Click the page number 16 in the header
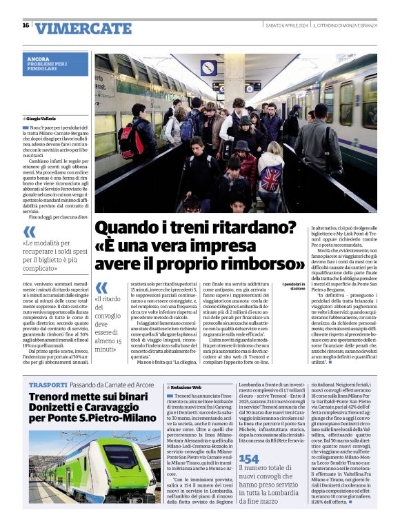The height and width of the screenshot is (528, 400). [26, 26]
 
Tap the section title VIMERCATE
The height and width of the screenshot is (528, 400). [73, 28]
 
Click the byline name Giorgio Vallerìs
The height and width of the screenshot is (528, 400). [44, 119]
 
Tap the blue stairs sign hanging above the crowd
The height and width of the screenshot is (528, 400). [209, 68]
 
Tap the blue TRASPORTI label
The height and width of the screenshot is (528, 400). [48, 384]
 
